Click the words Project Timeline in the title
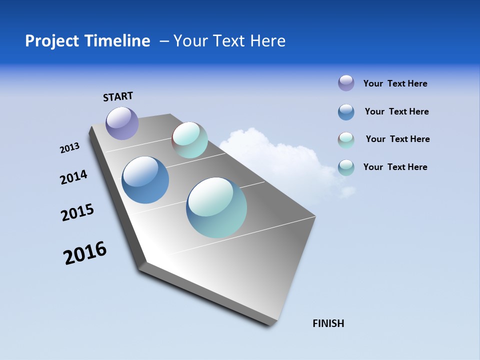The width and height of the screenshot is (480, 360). [x=87, y=41]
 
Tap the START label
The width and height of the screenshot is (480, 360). [x=118, y=96]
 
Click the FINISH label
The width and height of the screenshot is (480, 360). [x=328, y=323]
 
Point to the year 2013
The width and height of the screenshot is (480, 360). [x=69, y=148]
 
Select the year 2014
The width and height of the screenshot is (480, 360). [x=73, y=177]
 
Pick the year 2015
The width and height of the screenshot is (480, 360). [x=77, y=212]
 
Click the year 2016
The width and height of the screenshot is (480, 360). [x=85, y=253]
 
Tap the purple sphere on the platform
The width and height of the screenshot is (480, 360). [x=122, y=123]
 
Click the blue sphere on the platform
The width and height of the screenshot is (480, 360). [x=145, y=180]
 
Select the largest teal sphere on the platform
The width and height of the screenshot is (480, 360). [x=216, y=207]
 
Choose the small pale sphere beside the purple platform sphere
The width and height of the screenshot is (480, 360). [x=189, y=140]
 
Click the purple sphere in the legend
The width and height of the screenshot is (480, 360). [x=346, y=83]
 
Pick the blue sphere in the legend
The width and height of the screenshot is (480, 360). [x=346, y=112]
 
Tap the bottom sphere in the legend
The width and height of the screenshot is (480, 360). [x=346, y=167]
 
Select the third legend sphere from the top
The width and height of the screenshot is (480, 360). [x=346, y=140]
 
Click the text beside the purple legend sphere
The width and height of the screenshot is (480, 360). [x=395, y=83]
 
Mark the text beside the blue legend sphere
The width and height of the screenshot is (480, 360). [x=396, y=111]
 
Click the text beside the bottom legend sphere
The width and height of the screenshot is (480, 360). [x=395, y=167]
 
